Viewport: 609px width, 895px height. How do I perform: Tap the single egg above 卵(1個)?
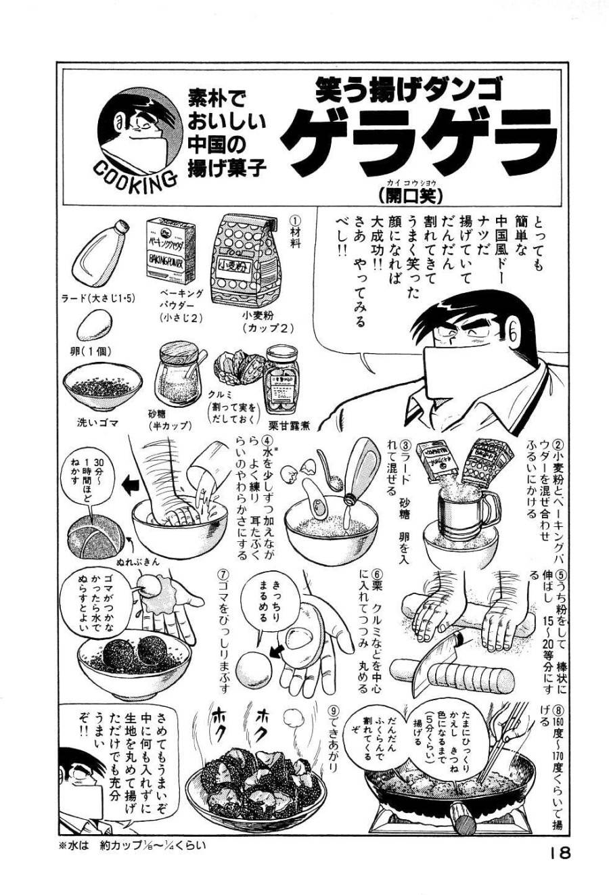tap(93, 325)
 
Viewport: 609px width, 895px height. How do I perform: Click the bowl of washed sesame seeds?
tap(102, 388)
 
